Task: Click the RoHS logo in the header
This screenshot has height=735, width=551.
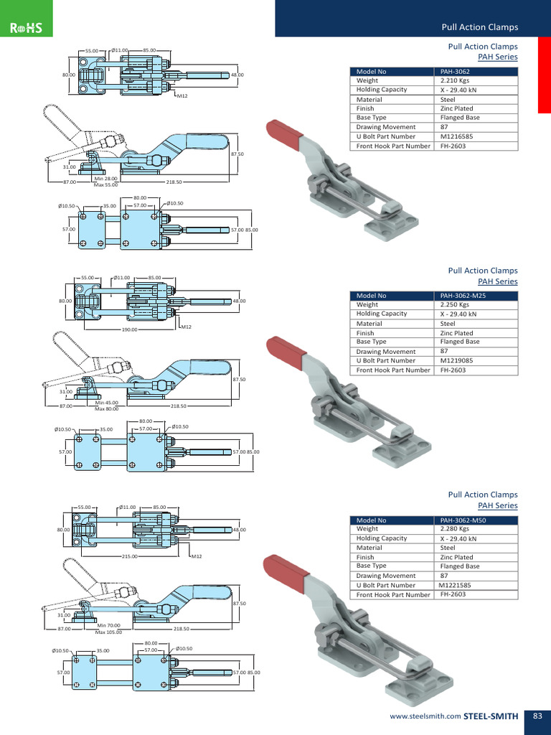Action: [27, 28]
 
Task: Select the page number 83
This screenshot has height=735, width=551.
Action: [537, 716]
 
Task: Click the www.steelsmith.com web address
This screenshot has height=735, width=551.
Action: [425, 716]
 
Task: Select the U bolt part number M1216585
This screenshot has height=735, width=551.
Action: [458, 136]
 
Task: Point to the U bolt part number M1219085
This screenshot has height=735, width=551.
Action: [458, 360]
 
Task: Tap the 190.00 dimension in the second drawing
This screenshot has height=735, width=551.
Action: [129, 330]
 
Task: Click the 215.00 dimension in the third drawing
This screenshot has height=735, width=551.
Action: [129, 556]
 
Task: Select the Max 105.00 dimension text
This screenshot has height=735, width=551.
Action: [108, 632]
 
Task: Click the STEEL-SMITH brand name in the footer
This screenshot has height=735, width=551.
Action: [491, 716]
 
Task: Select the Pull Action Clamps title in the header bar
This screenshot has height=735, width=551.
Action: [479, 27]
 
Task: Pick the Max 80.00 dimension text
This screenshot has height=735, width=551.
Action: [107, 408]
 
